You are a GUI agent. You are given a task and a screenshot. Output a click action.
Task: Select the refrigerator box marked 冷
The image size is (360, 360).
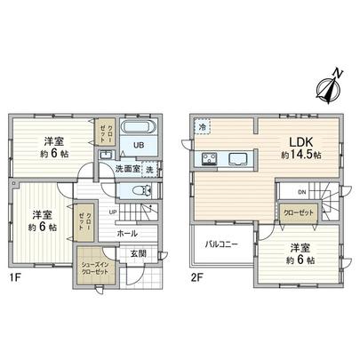point(203,128)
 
